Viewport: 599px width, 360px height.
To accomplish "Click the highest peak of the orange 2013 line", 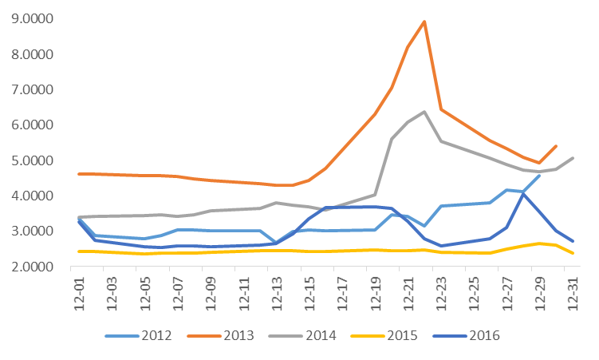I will coord(424,22).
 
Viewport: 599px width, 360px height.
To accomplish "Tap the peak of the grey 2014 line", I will coord(424,112).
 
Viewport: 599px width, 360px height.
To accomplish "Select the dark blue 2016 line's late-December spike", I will coord(522,194).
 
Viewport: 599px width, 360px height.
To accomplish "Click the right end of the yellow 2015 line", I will coord(571,253).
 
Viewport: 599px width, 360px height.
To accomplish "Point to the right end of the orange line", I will coord(555,146).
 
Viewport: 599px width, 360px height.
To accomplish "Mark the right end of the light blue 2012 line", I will coord(539,175).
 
